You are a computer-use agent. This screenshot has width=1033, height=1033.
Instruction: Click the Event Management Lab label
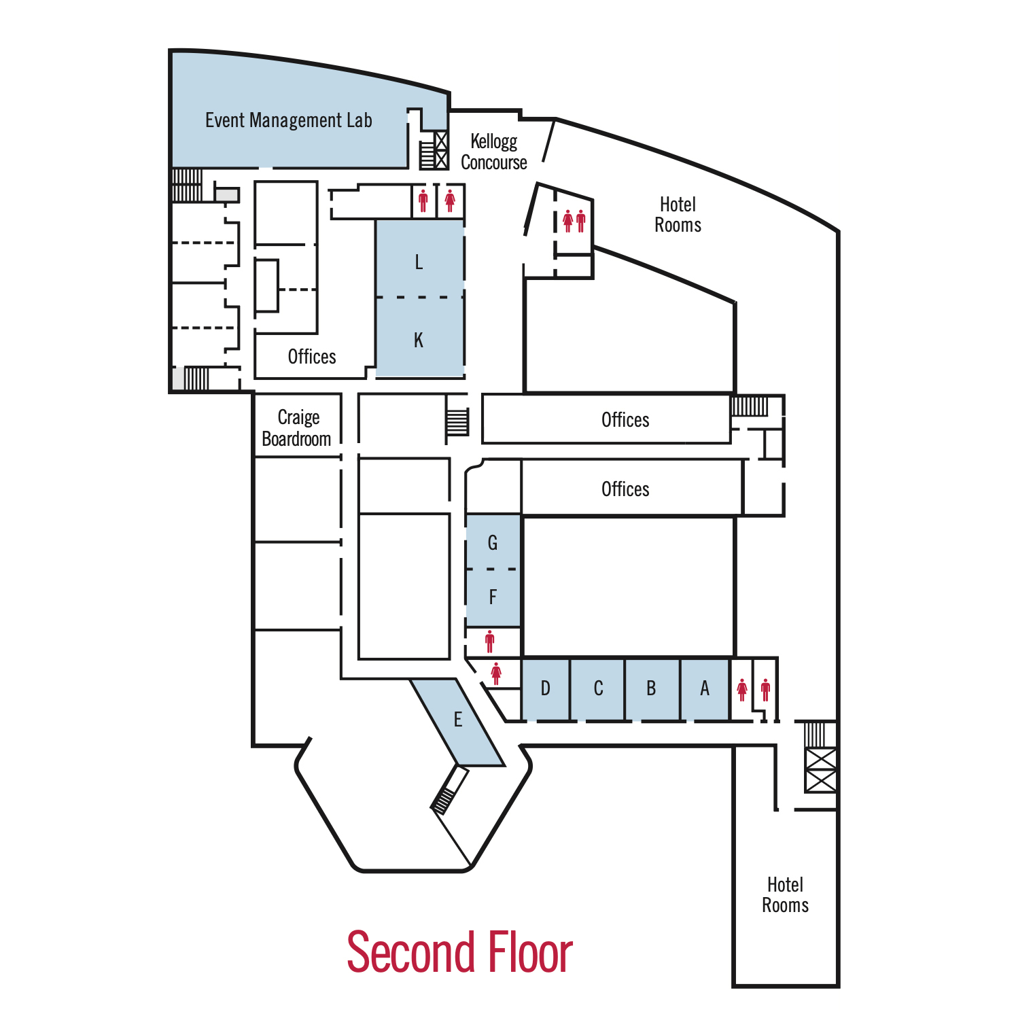click(288, 120)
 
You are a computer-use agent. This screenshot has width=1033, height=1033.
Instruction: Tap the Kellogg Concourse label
click(494, 152)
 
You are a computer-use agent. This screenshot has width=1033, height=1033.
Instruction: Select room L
click(419, 262)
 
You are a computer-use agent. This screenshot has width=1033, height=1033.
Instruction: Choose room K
click(419, 340)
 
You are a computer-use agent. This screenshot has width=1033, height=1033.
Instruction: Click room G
click(493, 542)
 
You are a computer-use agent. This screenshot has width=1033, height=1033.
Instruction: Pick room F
click(493, 597)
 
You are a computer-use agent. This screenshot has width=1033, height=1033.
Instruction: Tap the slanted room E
click(457, 720)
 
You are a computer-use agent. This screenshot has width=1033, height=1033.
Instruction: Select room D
click(545, 688)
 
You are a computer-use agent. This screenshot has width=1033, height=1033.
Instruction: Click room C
click(598, 688)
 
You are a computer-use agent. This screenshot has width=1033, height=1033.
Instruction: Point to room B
click(651, 688)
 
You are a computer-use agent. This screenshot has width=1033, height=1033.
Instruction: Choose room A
click(705, 688)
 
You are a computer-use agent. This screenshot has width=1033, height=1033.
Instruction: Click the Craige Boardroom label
click(297, 427)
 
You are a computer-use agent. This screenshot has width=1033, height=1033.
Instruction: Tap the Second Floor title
click(459, 952)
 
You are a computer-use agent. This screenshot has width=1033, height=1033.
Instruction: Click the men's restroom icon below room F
click(489, 641)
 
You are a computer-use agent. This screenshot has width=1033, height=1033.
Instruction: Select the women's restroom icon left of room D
click(496, 673)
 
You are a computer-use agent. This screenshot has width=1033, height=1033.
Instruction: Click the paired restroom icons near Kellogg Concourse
click(574, 221)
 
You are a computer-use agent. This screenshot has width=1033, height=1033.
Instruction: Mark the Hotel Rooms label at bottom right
click(785, 894)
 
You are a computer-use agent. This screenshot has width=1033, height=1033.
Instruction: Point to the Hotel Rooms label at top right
click(678, 215)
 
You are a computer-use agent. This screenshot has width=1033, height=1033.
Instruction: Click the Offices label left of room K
click(312, 356)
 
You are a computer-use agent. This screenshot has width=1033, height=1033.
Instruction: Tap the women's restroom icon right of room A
click(742, 689)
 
